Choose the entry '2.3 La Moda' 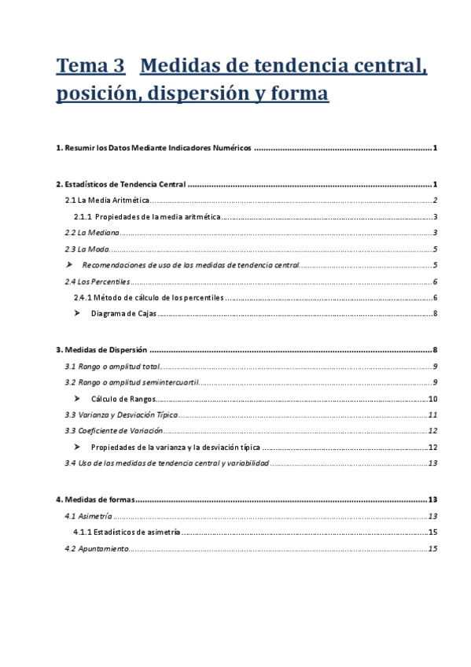pos(87,249)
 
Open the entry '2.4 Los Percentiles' pos(97,282)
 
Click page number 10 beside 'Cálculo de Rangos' pos(432,399)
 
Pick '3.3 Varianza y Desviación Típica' pos(121,415)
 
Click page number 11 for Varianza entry pos(432,415)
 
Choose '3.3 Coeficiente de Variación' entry pos(113,431)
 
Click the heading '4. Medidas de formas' pos(95,499)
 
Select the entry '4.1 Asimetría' pos(88,516)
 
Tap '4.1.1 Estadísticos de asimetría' pos(126,532)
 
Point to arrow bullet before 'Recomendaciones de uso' pos(69,265)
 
